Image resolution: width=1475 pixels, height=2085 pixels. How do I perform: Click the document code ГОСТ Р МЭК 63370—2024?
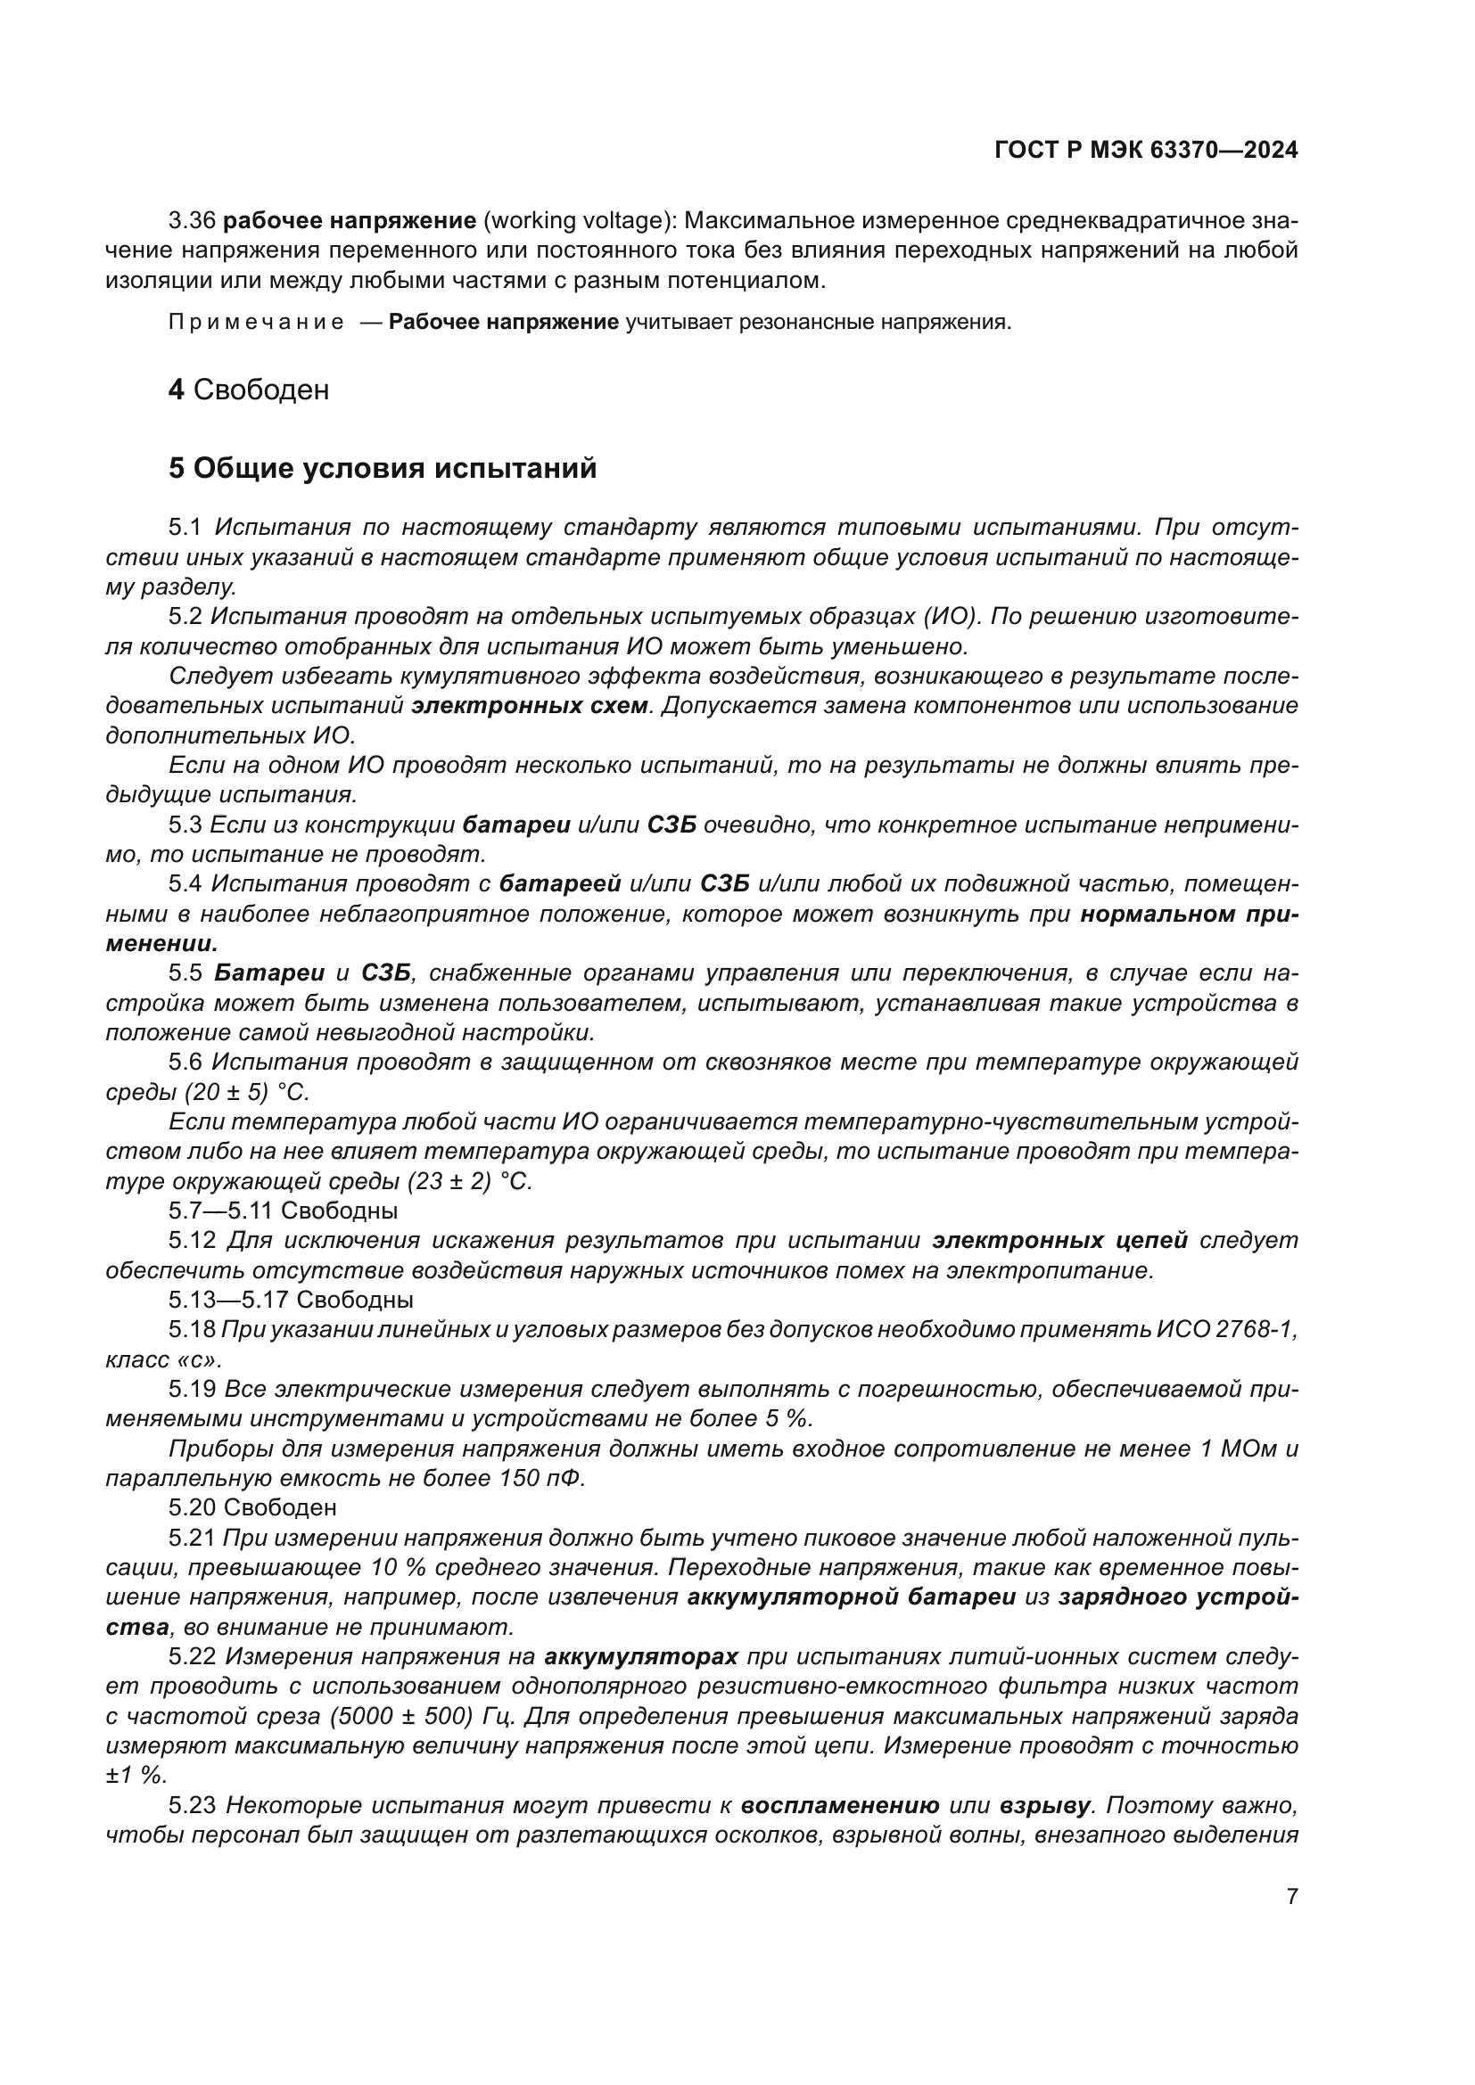click(x=1145, y=151)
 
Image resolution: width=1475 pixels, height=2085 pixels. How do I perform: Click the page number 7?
click(x=1291, y=1896)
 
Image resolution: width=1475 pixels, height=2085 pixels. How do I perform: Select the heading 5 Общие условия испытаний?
click(x=383, y=469)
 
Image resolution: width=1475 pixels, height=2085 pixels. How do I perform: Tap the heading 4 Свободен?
click(x=248, y=390)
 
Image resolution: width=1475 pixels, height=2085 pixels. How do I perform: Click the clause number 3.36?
click(x=192, y=221)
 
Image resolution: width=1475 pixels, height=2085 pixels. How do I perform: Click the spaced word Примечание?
click(x=256, y=323)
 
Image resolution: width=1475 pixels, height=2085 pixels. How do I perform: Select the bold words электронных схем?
click(x=531, y=706)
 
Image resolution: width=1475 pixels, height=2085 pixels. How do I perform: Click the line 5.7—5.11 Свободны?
click(x=283, y=1211)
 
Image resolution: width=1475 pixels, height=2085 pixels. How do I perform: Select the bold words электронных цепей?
click(x=1060, y=1241)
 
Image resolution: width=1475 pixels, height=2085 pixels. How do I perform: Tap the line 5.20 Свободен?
click(x=251, y=1507)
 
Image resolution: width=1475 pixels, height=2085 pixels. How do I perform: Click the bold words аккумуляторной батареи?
click(x=851, y=1597)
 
